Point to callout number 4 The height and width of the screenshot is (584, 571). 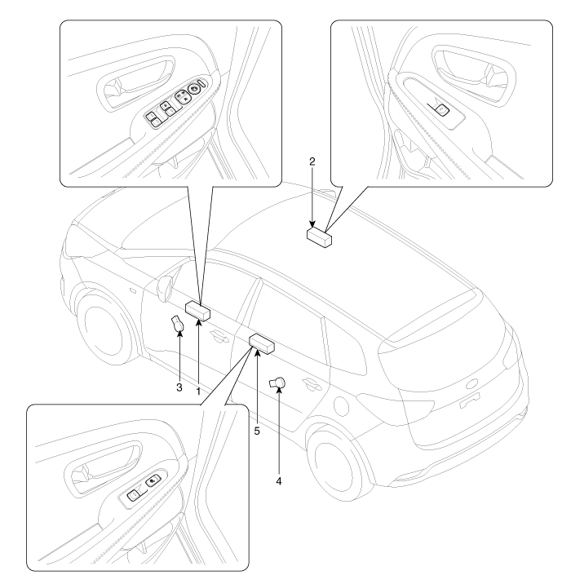click(x=281, y=481)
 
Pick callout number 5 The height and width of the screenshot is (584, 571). click(x=256, y=429)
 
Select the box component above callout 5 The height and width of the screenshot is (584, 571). click(x=261, y=342)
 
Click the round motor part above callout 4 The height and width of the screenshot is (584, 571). click(x=278, y=381)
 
